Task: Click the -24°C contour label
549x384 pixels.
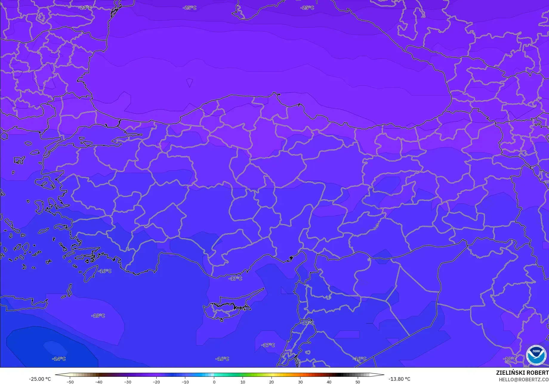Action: (85, 8)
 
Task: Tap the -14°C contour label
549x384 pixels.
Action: (59, 359)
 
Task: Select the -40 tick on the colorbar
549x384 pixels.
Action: (99, 382)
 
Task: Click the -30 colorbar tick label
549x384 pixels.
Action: (127, 382)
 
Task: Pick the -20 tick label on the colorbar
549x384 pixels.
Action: (156, 382)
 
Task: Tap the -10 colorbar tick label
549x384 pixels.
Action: (185, 382)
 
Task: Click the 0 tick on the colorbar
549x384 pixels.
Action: (214, 382)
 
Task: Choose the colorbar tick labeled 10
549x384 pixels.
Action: (243, 382)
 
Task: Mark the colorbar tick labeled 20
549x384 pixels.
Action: (271, 382)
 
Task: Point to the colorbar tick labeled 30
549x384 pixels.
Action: (300, 382)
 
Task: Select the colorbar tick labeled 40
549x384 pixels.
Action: (329, 382)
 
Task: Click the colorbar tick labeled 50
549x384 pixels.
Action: (357, 382)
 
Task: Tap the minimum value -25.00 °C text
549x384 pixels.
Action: (40, 379)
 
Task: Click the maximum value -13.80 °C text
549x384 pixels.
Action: (399, 379)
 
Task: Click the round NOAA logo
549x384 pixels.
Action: (536, 355)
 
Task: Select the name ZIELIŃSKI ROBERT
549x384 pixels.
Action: (522, 373)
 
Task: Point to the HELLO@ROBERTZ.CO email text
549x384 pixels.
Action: (524, 380)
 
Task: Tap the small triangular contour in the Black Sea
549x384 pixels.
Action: (189, 82)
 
